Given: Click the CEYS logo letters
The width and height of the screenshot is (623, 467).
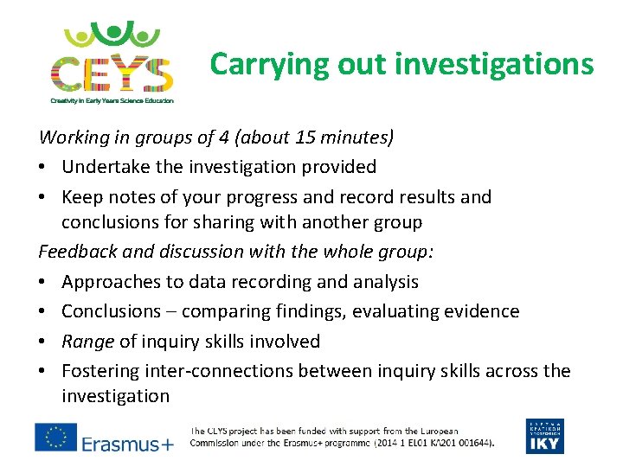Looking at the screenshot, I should pyautogui.click(x=111, y=73).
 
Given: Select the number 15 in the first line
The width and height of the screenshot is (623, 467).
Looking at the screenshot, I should pyautogui.click(x=295, y=137).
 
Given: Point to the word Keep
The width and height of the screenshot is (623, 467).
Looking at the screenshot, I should pyautogui.click(x=84, y=196).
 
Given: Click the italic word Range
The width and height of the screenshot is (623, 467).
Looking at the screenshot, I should pyautogui.click(x=87, y=342).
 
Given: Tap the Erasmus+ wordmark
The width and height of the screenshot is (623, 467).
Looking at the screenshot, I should pyautogui.click(x=127, y=444).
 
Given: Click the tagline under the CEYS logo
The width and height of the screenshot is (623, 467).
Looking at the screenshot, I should pyautogui.click(x=112, y=101).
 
